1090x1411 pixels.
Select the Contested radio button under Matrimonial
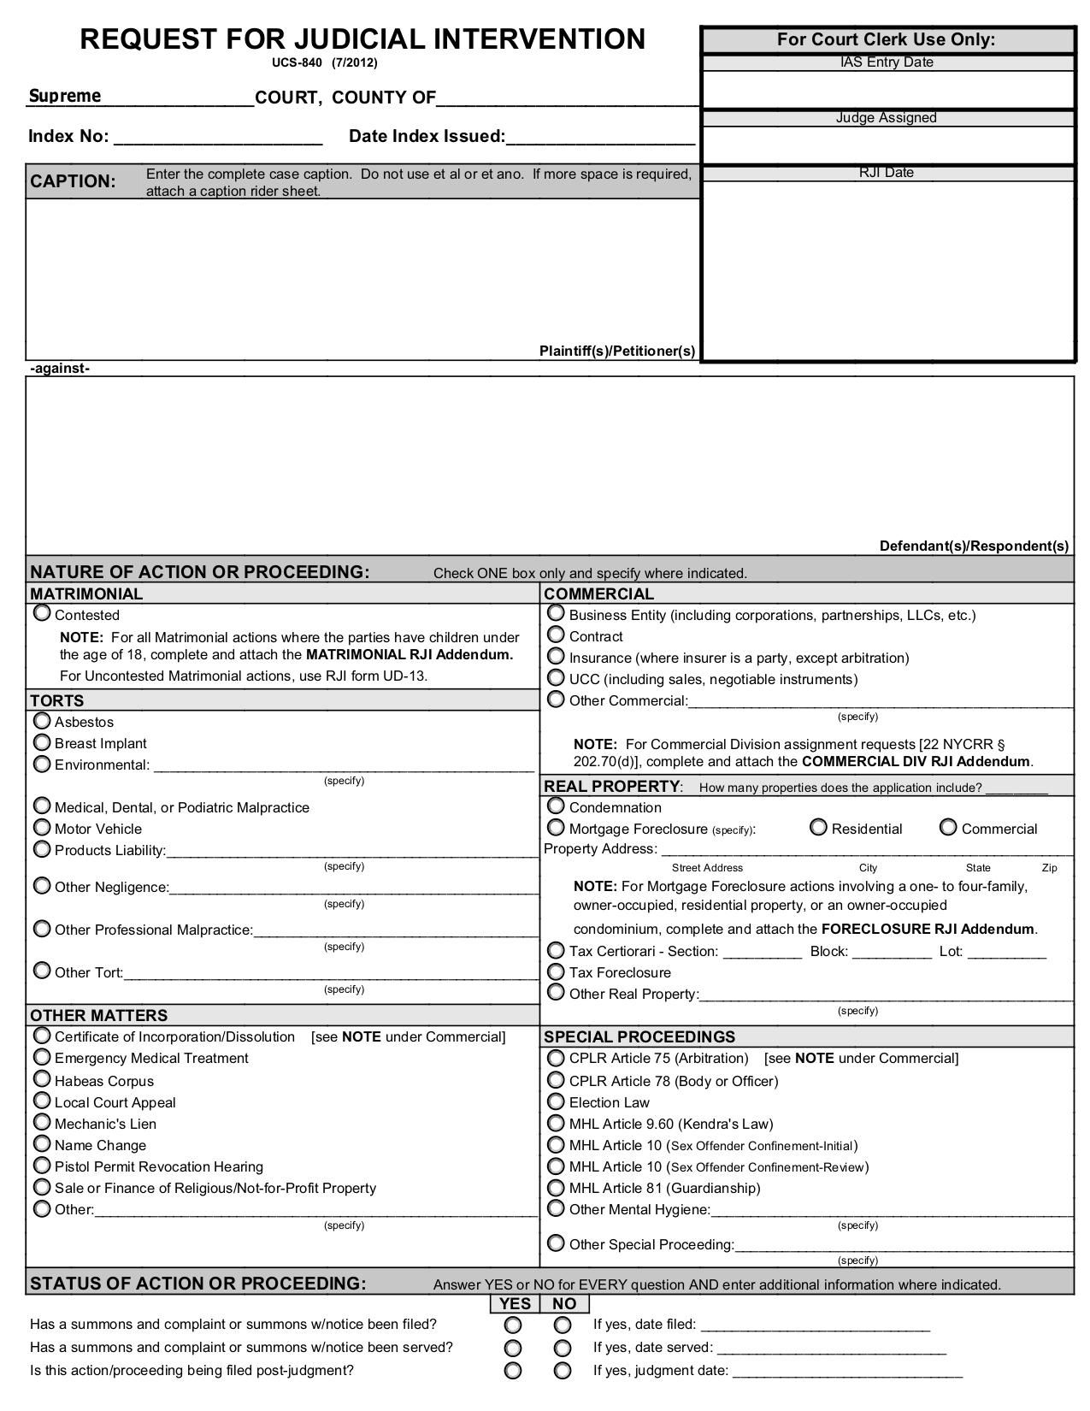tap(41, 613)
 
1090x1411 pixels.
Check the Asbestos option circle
tap(41, 720)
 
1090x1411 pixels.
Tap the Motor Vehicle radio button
tap(41, 827)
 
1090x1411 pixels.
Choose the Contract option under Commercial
tap(556, 635)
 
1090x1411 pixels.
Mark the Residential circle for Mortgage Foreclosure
tap(818, 827)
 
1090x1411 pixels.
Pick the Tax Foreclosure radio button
tap(556, 971)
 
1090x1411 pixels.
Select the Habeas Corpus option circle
tap(41, 1079)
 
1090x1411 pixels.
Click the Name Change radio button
tap(41, 1143)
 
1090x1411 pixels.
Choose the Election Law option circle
tap(556, 1101)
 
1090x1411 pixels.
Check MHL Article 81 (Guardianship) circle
tap(556, 1187)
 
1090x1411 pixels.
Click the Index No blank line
tap(217, 137)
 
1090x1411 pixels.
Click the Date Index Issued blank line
tap(600, 137)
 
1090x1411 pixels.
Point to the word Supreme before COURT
tap(65, 96)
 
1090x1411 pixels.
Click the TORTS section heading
tap(57, 700)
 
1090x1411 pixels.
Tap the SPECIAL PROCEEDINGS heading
tap(639, 1036)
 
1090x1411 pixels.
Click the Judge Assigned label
tap(886, 118)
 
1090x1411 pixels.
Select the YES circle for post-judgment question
tap(512, 1371)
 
